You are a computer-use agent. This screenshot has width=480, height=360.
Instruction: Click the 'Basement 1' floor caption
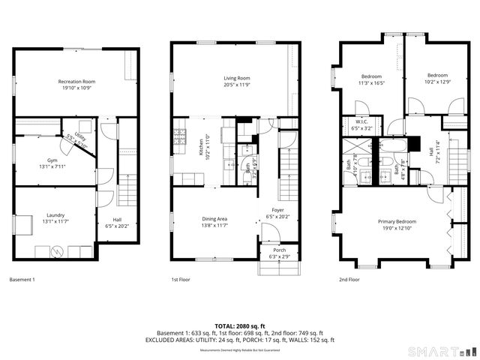coord(22,280)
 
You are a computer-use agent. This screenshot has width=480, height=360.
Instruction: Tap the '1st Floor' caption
coord(181,280)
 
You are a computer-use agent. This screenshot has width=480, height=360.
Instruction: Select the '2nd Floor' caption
coord(349,280)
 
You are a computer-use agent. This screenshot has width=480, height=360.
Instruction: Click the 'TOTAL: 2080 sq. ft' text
coord(239,325)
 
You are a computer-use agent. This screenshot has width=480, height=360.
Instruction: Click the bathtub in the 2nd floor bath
coord(393,142)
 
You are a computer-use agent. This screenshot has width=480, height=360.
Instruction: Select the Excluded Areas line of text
coord(239,339)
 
